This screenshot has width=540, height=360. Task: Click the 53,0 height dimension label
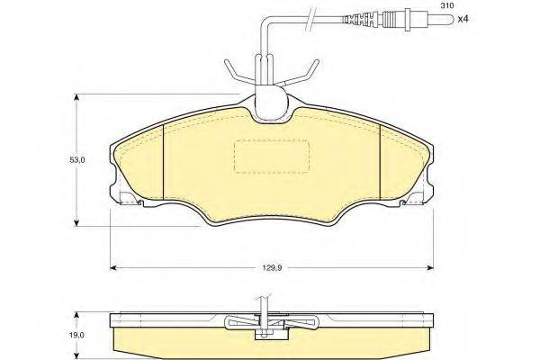click(x=78, y=160)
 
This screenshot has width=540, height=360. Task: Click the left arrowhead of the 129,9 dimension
click(x=113, y=266)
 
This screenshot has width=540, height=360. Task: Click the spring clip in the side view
click(x=269, y=324)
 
